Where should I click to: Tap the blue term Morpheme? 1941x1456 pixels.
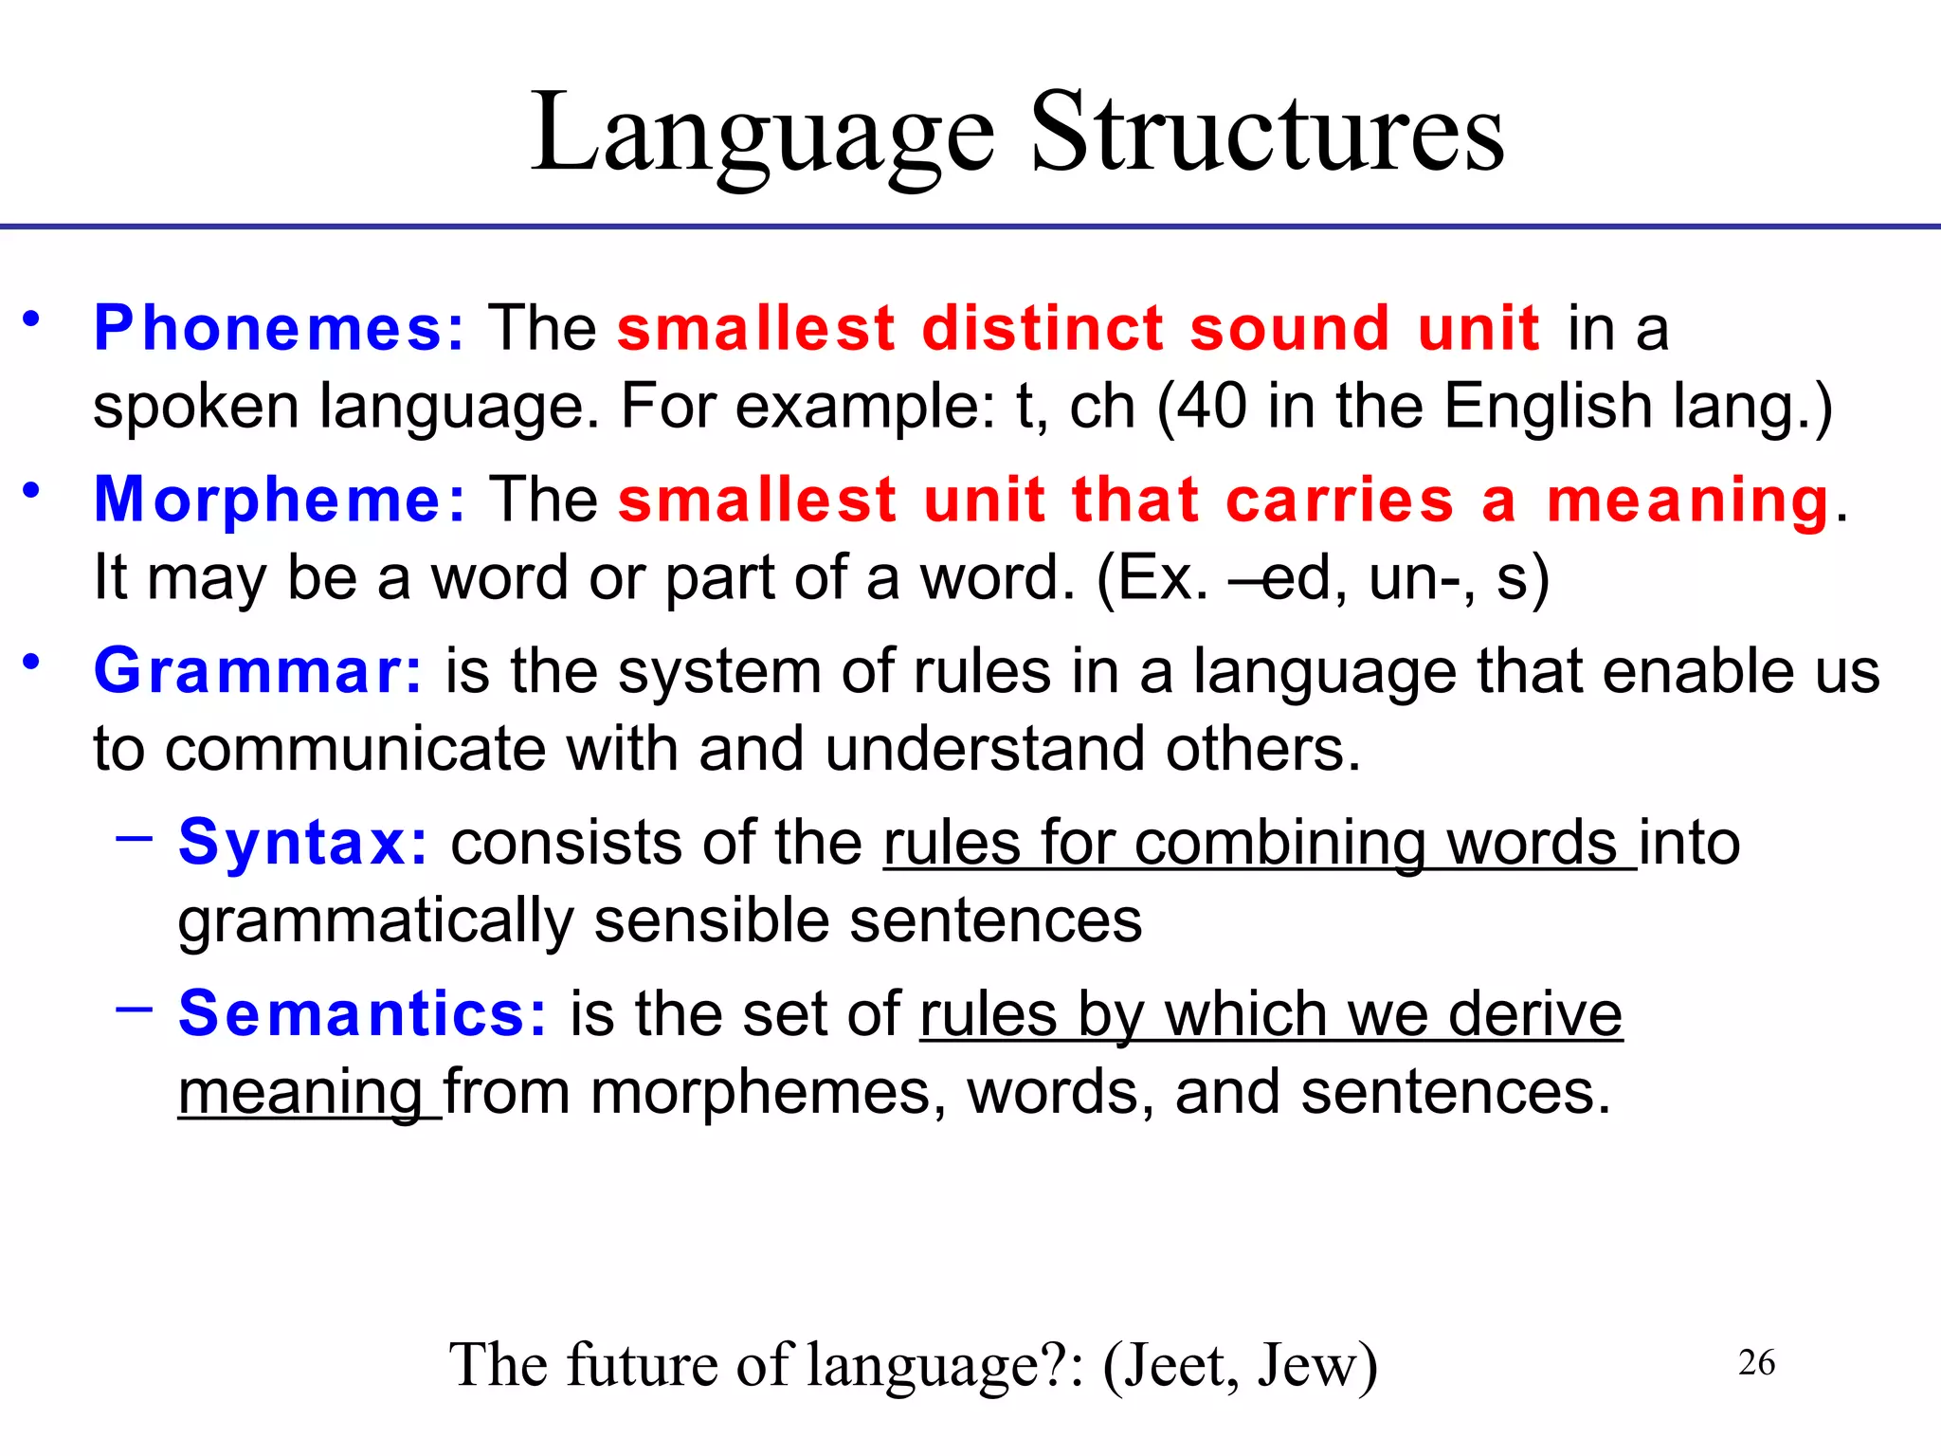point(281,500)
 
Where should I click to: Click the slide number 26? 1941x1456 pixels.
point(1756,1362)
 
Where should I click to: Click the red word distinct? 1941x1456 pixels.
point(1043,328)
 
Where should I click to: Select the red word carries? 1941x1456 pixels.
point(1339,500)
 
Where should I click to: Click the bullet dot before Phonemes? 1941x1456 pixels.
point(32,318)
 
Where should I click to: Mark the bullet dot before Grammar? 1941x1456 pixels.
point(32,661)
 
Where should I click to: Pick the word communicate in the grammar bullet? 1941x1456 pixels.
point(355,749)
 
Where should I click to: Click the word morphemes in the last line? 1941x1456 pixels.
point(769,1092)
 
